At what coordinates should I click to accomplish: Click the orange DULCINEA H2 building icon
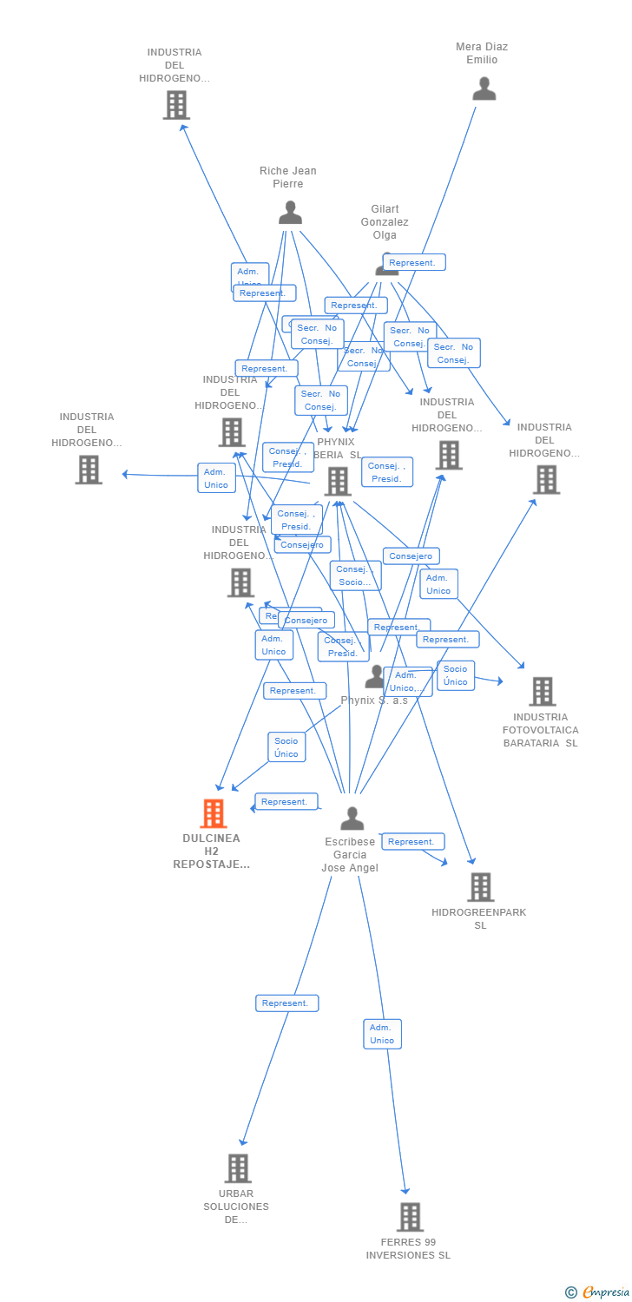214,813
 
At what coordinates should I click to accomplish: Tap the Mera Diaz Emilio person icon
484,89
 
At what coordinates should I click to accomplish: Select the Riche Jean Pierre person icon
290,213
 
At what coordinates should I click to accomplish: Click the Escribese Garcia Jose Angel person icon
352,819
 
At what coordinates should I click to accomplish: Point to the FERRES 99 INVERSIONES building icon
410,1217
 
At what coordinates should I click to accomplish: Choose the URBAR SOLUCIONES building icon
238,1168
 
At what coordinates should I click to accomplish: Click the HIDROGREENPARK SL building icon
480,887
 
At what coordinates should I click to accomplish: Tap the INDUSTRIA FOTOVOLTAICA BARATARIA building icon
543,692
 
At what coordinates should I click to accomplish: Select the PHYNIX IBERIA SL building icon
337,481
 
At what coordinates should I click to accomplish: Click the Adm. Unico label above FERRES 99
382,1034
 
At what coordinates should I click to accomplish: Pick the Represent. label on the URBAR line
286,1003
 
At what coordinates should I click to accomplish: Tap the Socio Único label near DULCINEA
286,747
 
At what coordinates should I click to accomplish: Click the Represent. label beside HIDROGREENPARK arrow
412,842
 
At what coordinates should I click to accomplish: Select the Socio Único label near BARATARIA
455,675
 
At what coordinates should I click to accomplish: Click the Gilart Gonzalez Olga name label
385,222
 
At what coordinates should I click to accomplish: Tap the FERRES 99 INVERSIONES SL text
408,1248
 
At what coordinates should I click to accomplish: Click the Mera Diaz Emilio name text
482,53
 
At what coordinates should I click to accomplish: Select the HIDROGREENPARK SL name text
479,918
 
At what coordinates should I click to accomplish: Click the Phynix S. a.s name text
374,700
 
